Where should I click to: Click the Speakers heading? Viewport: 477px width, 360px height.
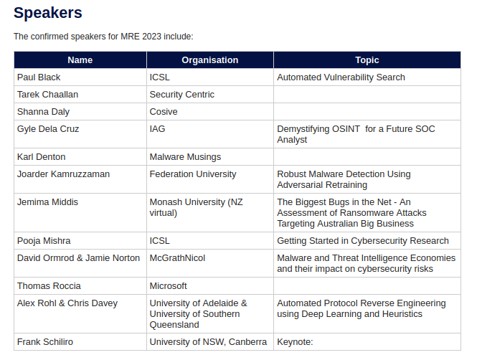48,13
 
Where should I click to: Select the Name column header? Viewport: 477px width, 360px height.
80,60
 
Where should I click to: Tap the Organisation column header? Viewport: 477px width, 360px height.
209,60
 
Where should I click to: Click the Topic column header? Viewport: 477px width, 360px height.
367,60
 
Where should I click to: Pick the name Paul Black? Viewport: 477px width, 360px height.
39,77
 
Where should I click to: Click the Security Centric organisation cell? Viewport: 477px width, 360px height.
181,95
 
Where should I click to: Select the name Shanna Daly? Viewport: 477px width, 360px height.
43,112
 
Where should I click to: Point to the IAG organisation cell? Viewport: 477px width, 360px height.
157,129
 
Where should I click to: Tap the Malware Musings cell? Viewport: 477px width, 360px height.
185,157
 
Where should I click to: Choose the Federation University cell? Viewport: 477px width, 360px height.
192,174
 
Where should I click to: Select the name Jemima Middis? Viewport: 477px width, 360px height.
48,202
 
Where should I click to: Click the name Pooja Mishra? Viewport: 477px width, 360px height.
44,241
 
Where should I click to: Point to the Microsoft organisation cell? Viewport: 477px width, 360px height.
168,286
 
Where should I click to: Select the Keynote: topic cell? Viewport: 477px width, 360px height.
296,342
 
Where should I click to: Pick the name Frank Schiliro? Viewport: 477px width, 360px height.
45,342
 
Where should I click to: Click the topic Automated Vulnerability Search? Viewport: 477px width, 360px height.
341,77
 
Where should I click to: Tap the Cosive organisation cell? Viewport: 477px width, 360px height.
164,112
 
